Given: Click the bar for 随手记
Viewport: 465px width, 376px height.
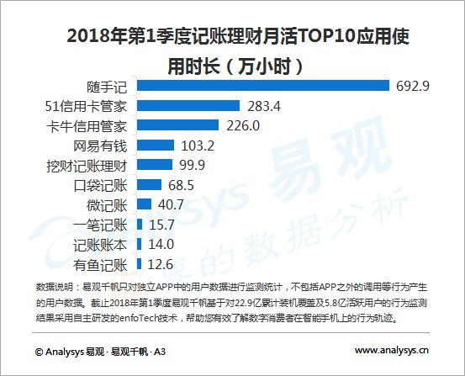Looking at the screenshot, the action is tap(263, 86).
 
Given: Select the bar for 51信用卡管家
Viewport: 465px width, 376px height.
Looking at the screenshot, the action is tap(188, 105).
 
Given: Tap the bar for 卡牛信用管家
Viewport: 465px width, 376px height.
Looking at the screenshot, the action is tap(177, 125).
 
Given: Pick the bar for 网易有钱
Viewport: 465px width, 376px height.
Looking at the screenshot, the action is tap(156, 146).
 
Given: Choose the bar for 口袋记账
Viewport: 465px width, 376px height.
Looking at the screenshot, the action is tap(149, 184).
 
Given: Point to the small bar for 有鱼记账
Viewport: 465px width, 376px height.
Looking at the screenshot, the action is tap(139, 264).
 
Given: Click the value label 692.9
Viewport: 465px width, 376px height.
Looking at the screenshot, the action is tap(413, 86).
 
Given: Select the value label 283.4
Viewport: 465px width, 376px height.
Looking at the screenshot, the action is tap(264, 106).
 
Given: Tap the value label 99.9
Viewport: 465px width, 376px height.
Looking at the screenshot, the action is tap(193, 165).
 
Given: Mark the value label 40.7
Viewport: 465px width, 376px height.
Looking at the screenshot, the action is tap(171, 204).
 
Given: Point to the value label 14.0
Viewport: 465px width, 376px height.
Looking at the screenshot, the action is tap(161, 244).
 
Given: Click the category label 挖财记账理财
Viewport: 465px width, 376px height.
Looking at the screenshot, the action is tap(87, 166).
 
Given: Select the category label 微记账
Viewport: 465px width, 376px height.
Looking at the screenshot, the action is tap(107, 205).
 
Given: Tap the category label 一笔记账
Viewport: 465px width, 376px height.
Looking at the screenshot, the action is tap(100, 225).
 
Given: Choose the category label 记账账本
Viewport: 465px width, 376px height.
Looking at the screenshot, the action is tap(100, 245).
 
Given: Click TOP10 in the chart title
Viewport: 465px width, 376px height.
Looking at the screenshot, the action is tap(326, 36).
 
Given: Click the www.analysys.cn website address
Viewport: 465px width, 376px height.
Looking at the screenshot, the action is tap(392, 351).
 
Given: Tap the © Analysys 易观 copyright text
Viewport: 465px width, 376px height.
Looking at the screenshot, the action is tap(70, 352).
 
